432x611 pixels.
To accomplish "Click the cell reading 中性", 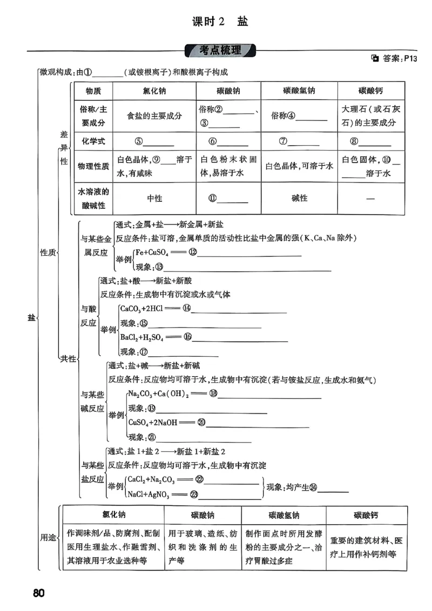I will point(154,199).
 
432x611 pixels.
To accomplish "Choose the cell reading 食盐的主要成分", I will point(154,116).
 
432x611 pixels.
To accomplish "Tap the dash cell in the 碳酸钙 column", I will point(370,199).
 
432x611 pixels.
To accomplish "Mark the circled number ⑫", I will point(192,252).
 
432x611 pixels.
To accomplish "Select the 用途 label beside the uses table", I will point(49,538).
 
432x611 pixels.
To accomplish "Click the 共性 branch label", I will point(69,358).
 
